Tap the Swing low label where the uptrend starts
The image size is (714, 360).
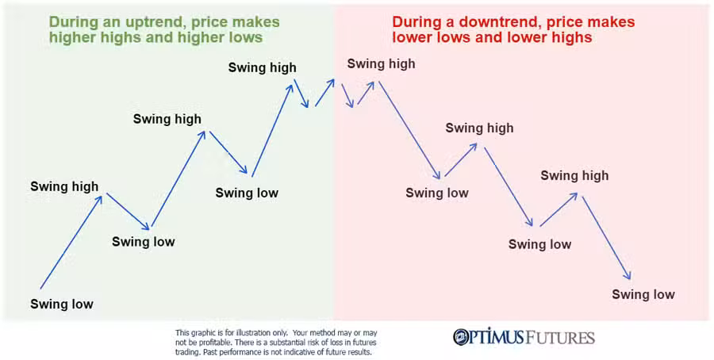pos(62,304)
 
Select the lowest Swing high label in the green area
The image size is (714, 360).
pos(64,186)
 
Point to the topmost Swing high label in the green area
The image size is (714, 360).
pos(263,67)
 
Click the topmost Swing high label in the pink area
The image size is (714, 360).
pos(381,64)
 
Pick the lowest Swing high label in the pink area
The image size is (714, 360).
pos(574,175)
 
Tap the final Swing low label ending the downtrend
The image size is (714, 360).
pos(643,294)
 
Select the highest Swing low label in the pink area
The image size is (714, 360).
pos(437,193)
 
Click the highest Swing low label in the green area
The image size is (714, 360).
pos(247,193)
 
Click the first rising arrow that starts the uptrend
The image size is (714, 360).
pos(71,242)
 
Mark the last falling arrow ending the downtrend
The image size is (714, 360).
pos(606,237)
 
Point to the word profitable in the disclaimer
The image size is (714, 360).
pos(208,342)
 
